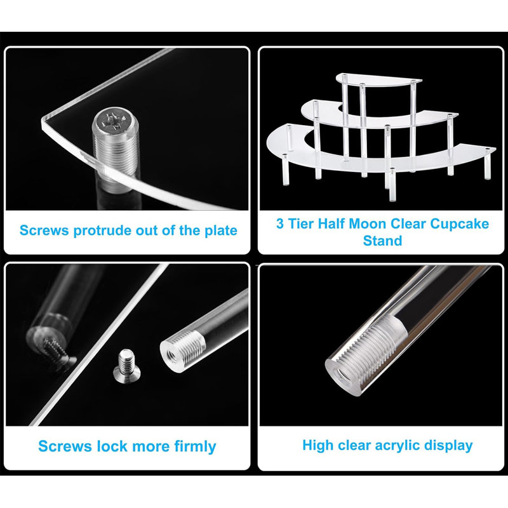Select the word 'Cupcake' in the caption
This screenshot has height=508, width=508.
458,224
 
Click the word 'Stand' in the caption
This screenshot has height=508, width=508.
382,241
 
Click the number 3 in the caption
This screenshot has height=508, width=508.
280,224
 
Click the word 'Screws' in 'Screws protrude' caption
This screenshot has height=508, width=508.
44,230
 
